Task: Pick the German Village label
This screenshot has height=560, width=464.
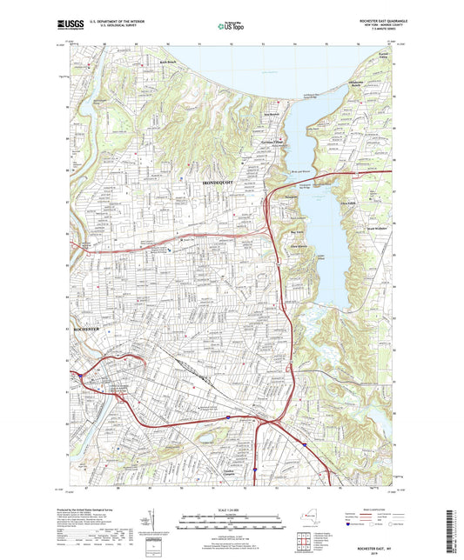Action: pyautogui.click(x=271, y=142)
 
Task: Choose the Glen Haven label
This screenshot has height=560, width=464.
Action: pyautogui.click(x=300, y=246)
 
